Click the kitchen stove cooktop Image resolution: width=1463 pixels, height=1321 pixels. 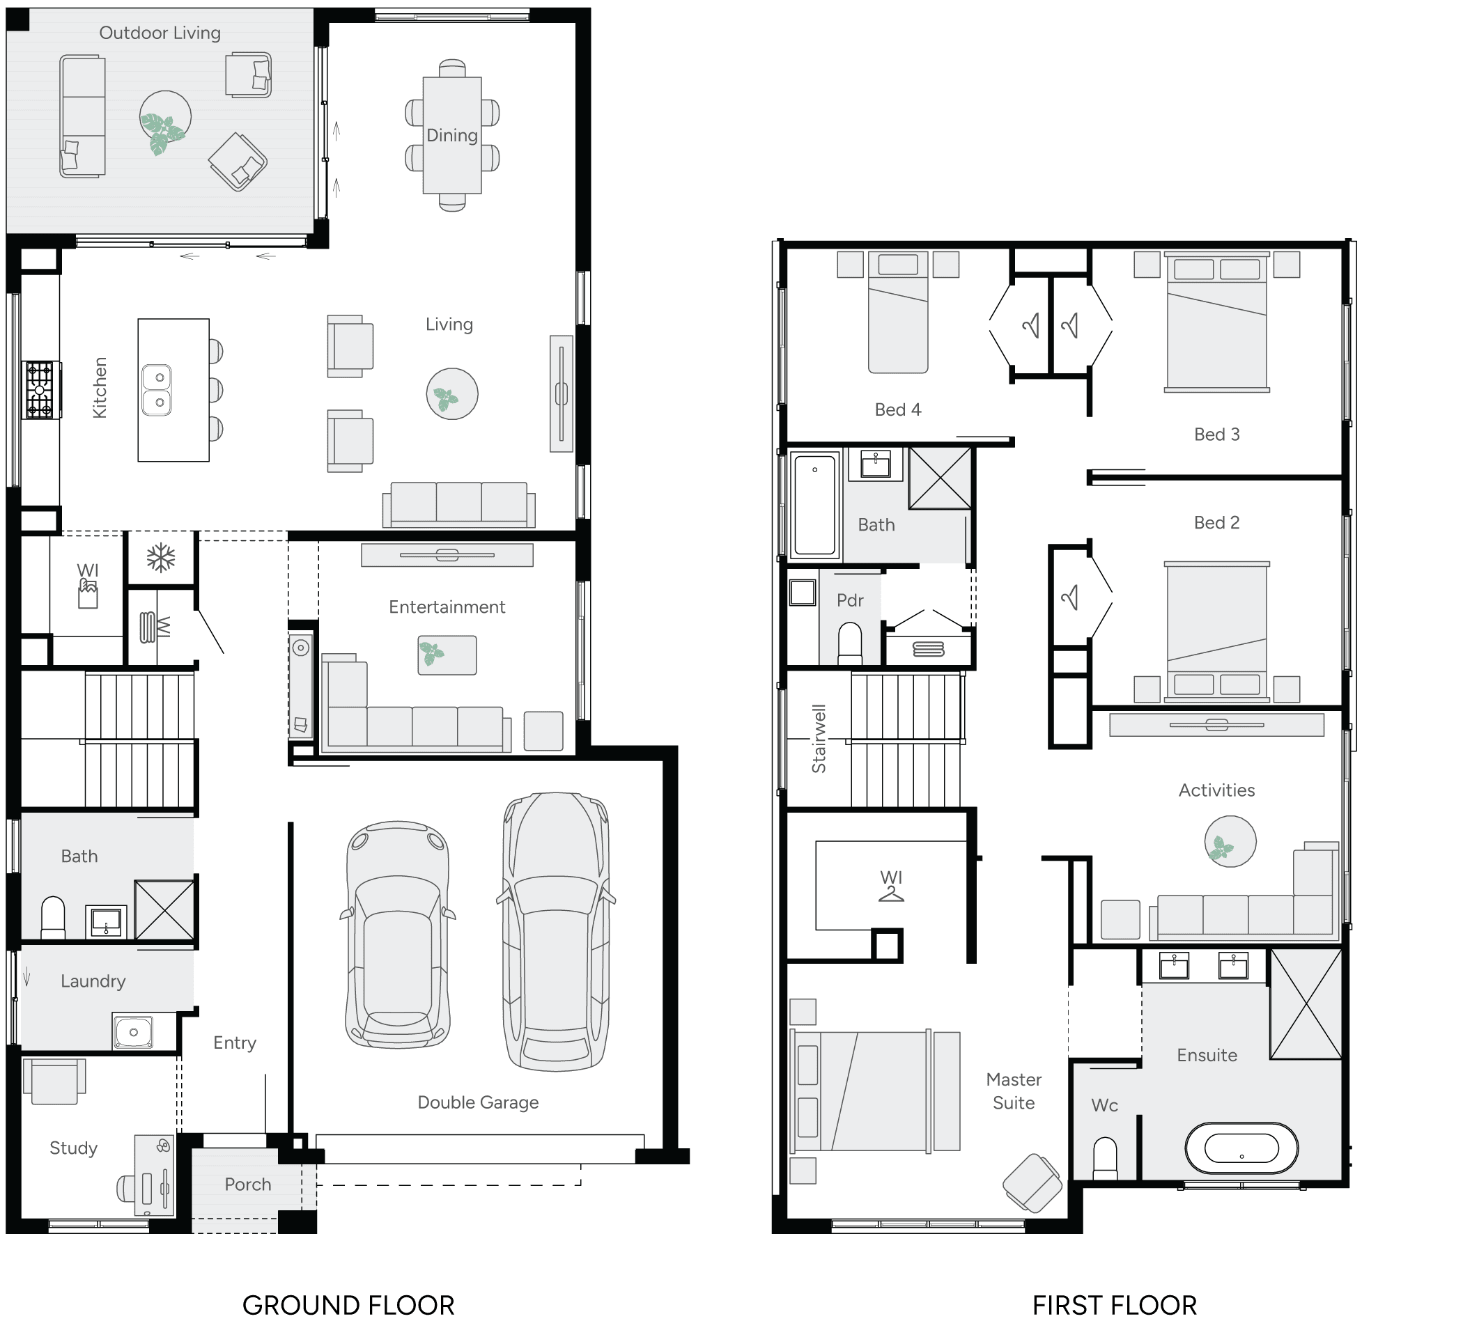[x=40, y=390]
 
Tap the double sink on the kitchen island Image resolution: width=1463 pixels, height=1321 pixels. [x=157, y=390]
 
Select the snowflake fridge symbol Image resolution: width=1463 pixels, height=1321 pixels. [x=161, y=558]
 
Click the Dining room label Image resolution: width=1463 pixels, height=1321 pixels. [x=451, y=136]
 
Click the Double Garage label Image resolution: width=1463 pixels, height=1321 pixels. [x=477, y=1102]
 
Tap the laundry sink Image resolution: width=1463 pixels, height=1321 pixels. [x=133, y=1031]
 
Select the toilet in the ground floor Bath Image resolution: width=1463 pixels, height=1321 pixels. [x=53, y=918]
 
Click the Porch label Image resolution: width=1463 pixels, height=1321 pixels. [x=247, y=1185]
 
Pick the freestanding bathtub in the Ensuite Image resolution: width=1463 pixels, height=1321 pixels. [x=1241, y=1148]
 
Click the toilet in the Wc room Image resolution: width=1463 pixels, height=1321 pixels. [x=1105, y=1159]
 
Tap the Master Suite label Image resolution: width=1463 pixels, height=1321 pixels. [x=1014, y=1091]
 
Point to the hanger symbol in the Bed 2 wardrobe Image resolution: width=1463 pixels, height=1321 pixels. [x=1069, y=597]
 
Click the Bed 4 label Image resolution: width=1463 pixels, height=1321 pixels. [x=898, y=410]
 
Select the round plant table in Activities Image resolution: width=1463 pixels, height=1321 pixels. [x=1230, y=841]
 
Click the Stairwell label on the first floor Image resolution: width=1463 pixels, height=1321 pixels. [x=819, y=738]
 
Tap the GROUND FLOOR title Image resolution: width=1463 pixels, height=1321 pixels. [x=348, y=1305]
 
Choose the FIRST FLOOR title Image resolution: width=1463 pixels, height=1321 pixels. [x=1114, y=1305]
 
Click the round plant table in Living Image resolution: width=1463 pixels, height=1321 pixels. [x=451, y=394]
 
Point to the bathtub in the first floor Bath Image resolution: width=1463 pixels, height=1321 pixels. [x=815, y=505]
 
